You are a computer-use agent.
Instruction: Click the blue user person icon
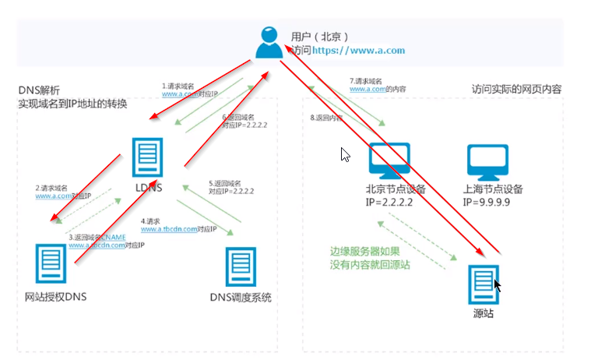269,43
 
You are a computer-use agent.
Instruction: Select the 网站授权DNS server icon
48,264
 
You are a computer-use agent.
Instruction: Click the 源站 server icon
484,281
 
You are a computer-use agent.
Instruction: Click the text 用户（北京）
318,36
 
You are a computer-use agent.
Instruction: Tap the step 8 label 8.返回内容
325,118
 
